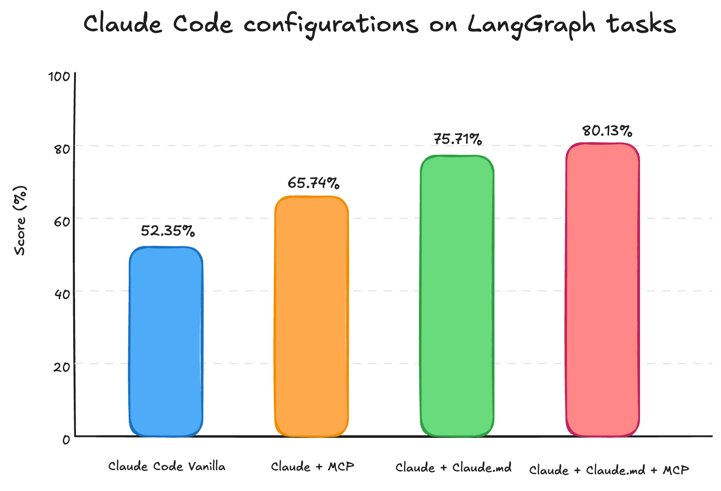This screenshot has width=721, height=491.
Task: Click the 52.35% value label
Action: pos(168,231)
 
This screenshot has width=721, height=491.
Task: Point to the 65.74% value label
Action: pos(313,183)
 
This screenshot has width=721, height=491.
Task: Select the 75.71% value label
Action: pos(458,139)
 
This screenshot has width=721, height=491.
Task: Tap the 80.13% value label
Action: pos(607,131)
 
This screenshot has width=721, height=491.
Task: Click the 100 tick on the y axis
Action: pos(59,76)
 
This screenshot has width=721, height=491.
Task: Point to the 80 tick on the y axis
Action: pos(62,149)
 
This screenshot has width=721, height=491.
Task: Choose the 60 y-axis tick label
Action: pos(62,222)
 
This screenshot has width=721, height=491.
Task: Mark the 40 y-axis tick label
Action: pos(62,294)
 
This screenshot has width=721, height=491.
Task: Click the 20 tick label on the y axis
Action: pos(62,367)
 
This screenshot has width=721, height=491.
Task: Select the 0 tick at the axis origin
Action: pos(66,439)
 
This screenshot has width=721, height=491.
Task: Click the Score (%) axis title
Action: pos(20,221)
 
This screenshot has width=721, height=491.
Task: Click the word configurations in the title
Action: pos(331,25)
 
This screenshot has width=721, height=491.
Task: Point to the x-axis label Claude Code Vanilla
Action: pos(166,466)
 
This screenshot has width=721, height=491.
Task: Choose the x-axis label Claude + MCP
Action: pos(312,466)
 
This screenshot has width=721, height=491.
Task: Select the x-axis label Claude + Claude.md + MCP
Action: pos(609,470)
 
